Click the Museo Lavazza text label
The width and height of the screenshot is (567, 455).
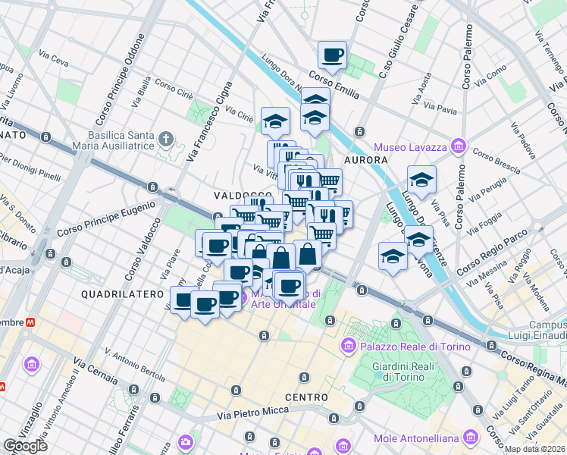tap(409, 146)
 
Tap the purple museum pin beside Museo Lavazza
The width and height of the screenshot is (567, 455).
tap(457, 146)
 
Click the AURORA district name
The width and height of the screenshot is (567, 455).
tap(366, 160)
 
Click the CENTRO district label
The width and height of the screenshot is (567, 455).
tap(306, 397)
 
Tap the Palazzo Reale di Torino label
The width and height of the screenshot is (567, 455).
tap(403, 346)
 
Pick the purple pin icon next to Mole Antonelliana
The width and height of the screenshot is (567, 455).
tap(472, 438)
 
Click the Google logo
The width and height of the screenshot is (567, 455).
tap(25, 445)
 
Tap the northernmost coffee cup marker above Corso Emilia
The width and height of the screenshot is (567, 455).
tap(332, 55)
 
